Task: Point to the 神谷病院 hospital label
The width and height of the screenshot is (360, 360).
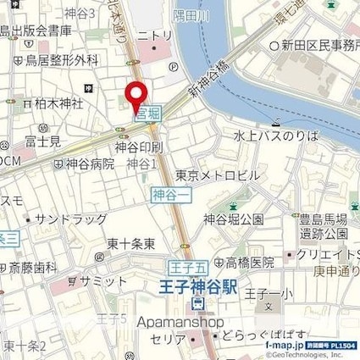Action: coord(90,164)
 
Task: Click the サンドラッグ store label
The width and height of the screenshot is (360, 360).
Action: coord(68,218)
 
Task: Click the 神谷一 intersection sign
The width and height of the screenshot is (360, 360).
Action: coord(166,196)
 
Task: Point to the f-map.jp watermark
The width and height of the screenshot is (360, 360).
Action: coord(295,346)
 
